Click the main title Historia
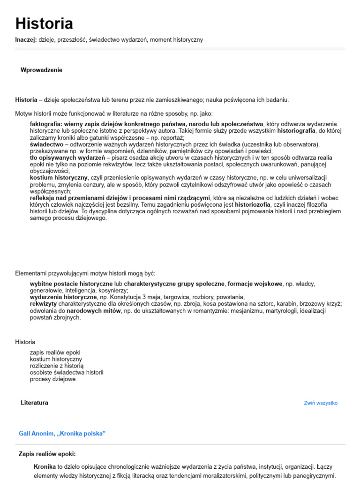[44, 24]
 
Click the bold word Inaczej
[25, 40]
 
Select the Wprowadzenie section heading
[41, 70]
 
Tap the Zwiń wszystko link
[321, 403]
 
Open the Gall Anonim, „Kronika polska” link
[62, 434]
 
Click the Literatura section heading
[34, 403]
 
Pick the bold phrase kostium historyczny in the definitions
[59, 178]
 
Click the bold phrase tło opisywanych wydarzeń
[67, 158]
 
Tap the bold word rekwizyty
[44, 304]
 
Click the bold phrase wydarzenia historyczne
[63, 297]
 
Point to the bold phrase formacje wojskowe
[255, 284]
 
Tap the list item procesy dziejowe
[52, 379]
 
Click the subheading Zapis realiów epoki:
[47, 454]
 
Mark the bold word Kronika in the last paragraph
[45, 467]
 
